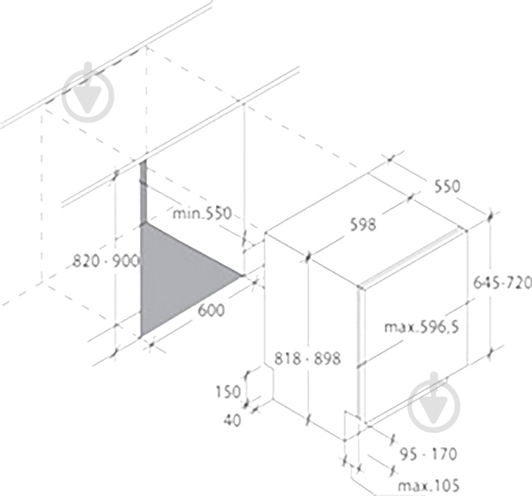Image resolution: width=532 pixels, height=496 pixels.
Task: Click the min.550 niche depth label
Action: (203, 213)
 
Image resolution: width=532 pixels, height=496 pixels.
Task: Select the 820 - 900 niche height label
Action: (106, 261)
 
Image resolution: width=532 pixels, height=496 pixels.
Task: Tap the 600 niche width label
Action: (211, 310)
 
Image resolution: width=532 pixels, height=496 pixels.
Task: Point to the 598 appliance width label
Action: (363, 225)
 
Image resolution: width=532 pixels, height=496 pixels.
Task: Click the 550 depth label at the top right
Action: (447, 186)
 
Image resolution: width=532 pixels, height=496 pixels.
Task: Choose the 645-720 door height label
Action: (502, 283)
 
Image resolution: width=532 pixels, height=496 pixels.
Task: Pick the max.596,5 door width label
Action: (422, 328)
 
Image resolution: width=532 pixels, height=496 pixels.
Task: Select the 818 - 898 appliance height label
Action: (307, 358)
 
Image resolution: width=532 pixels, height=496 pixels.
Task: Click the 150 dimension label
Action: (228, 392)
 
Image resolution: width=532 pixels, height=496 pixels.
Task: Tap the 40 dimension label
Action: (232, 420)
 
